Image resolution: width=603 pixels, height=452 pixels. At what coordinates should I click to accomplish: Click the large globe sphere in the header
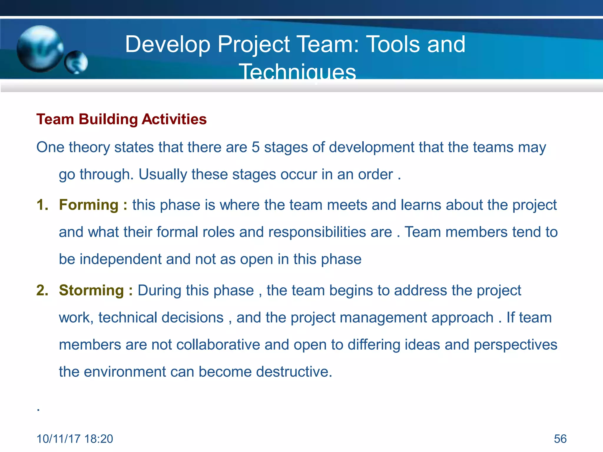click(40, 49)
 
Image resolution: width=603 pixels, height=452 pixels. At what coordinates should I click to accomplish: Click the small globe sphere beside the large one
click(76, 62)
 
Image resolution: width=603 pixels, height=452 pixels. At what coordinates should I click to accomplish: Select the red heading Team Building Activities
click(121, 119)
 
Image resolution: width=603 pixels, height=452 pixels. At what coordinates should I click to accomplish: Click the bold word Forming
click(89, 205)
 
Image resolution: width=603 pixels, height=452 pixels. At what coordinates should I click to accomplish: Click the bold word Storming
click(91, 290)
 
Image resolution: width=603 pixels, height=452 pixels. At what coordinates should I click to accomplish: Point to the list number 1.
click(42, 205)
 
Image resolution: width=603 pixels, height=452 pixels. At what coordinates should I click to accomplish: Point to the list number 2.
click(42, 290)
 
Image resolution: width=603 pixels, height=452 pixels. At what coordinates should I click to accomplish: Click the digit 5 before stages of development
click(256, 147)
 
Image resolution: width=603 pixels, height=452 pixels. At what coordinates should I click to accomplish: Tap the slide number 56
click(560, 439)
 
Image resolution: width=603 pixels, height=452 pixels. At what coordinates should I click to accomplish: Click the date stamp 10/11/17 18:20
click(75, 439)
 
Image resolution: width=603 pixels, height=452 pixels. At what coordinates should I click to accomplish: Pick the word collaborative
click(218, 345)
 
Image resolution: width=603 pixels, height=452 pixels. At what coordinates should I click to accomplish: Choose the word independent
click(120, 259)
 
